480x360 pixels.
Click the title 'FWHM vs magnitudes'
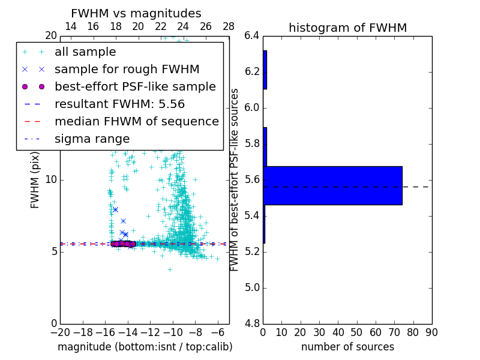pyautogui.click(x=136, y=14)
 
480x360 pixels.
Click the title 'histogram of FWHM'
pyautogui.click(x=347, y=28)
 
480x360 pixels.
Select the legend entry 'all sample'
pyautogui.click(x=85, y=52)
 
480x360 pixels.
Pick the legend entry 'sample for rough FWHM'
pyautogui.click(x=127, y=69)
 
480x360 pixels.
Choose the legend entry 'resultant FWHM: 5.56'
pyautogui.click(x=124, y=104)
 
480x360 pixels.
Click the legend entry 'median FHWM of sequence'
pyautogui.click(x=136, y=121)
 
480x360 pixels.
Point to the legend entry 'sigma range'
pyautogui.click(x=92, y=139)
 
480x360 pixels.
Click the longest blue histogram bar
pyautogui.click(x=332, y=185)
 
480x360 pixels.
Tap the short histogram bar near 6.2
pyautogui.click(x=265, y=70)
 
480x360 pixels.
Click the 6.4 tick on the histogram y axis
pyautogui.click(x=251, y=36)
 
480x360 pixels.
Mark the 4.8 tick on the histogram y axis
pyautogui.click(x=251, y=323)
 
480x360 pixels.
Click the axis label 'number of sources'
pyautogui.click(x=347, y=347)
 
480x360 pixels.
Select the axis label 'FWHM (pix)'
pyautogui.click(x=35, y=180)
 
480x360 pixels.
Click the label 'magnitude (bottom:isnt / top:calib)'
pyautogui.click(x=145, y=347)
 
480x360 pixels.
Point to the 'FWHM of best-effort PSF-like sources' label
pyautogui.click(x=235, y=180)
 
